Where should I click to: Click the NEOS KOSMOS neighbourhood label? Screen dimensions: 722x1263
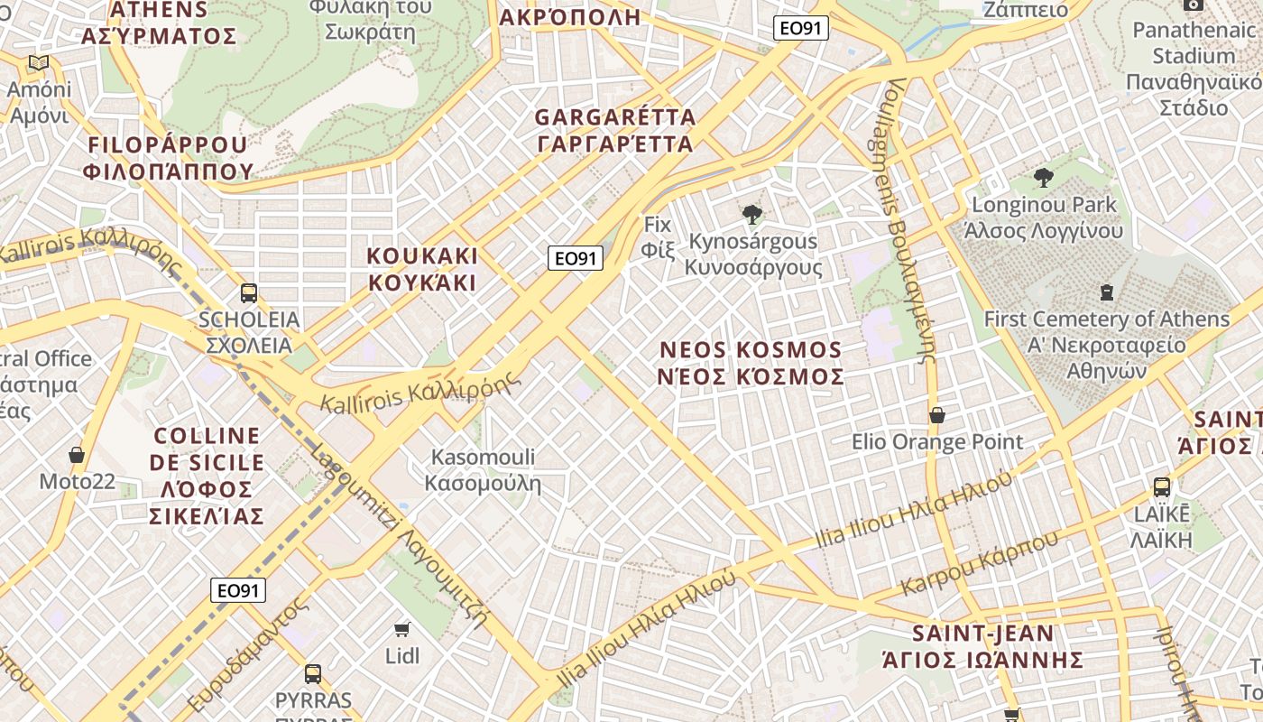coord(751,363)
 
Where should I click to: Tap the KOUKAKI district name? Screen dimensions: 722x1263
coord(422,269)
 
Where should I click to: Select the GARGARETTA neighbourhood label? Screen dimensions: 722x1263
coord(615,130)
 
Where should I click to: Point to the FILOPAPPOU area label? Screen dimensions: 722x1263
coord(168,158)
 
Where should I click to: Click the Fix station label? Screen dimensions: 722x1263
coord(659,236)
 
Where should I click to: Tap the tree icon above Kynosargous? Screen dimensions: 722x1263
coord(751,214)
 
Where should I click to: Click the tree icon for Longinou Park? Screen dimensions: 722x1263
coord(1044,177)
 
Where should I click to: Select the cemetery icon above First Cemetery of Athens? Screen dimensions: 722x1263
coord(1106,292)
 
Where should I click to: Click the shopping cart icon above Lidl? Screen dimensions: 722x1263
coord(402,628)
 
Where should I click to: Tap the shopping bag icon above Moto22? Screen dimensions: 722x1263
coord(77,454)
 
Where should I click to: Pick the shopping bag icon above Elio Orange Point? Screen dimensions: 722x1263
coord(937,415)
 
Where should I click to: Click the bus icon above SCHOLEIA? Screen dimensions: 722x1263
coord(248,293)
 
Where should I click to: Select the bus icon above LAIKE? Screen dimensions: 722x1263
coord(1162,487)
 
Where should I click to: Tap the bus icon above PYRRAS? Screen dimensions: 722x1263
coord(313,673)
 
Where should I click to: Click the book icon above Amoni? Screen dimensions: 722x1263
coord(38,62)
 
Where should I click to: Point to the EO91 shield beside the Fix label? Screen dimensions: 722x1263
coord(576,259)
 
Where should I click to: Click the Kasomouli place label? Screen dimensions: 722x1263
coord(483,470)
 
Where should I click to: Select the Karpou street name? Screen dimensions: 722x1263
coord(980,564)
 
